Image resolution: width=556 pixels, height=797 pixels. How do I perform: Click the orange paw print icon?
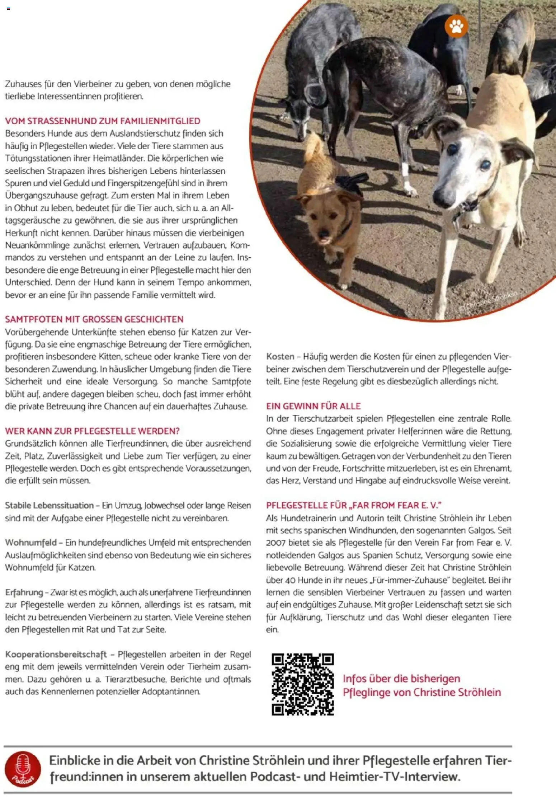(x=456, y=26)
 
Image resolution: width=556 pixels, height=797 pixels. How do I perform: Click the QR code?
(x=303, y=684)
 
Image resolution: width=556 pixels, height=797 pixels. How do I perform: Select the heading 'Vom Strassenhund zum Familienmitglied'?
(x=103, y=121)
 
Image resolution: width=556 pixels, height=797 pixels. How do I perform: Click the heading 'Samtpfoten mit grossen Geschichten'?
(x=94, y=319)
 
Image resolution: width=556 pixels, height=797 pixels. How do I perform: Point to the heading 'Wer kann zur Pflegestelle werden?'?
(x=92, y=431)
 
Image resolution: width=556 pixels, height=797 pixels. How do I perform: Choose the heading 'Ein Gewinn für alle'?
(x=313, y=406)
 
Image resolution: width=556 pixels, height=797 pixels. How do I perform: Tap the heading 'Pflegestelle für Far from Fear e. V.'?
(x=354, y=505)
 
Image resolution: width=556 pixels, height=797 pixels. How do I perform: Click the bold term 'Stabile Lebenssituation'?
(x=49, y=505)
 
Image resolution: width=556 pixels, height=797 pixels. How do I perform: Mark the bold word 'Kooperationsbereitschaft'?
(x=56, y=654)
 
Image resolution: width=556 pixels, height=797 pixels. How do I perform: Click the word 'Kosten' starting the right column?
(x=280, y=356)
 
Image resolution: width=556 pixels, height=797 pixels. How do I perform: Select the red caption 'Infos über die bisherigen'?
(x=401, y=679)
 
